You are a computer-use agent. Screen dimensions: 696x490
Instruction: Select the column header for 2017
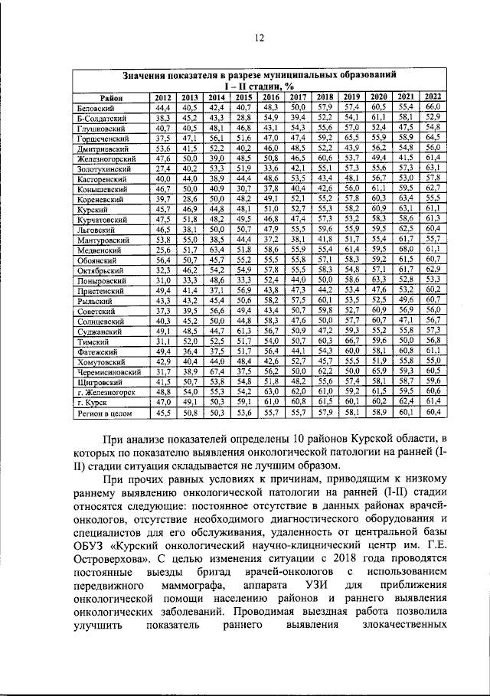297,97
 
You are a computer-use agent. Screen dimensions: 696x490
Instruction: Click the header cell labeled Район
112,97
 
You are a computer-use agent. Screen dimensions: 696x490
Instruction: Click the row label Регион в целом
106,413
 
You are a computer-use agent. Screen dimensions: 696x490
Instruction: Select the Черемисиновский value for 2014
216,371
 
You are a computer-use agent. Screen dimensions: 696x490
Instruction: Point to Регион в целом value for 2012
162,413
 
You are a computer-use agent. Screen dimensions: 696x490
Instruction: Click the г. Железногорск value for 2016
270,390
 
